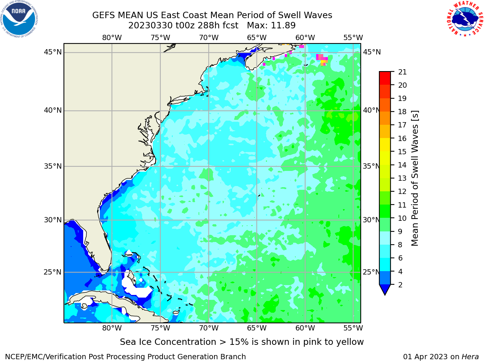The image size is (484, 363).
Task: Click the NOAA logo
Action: click(19, 19)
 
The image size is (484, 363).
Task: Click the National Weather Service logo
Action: click(465, 19)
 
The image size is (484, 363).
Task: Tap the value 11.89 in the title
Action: click(283, 25)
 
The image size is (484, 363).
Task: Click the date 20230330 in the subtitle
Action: click(150, 25)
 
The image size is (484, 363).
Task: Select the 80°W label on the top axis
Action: click(112, 37)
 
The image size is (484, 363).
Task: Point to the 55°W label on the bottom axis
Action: click(353, 328)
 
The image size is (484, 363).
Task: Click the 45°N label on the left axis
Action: click(53, 52)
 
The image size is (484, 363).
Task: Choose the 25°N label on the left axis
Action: click(53, 272)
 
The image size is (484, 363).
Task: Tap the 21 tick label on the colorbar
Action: click(402, 72)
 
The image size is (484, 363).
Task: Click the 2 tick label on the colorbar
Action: click(400, 284)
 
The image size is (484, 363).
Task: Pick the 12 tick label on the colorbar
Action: click(402, 191)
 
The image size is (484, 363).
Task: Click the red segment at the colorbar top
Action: click(385, 78)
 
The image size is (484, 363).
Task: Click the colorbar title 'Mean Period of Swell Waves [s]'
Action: click(415, 178)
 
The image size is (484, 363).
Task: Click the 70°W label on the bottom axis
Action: click(209, 328)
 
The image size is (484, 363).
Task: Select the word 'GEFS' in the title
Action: click(104, 15)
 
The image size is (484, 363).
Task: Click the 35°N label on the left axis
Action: click(53, 166)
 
